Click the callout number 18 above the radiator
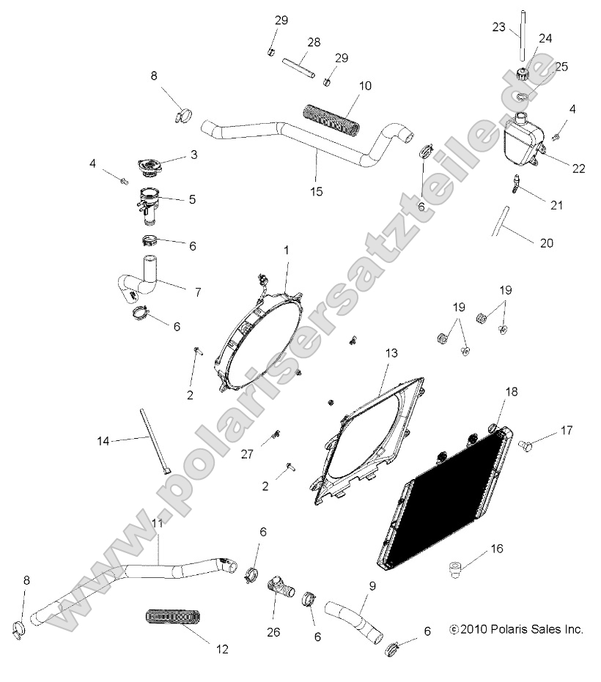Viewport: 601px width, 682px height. (511, 392)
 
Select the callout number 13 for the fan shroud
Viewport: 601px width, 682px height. (391, 353)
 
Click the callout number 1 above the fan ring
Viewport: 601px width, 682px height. (287, 250)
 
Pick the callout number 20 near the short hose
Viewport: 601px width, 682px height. (546, 243)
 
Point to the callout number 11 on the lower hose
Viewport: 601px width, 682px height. (157, 522)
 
